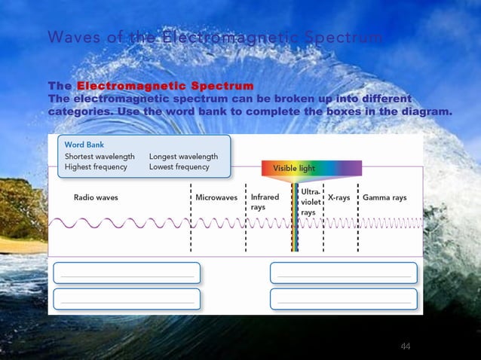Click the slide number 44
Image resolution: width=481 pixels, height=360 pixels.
point(406,346)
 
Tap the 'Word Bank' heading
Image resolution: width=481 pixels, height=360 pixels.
point(84,144)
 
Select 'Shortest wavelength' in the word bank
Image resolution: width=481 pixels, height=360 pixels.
point(100,157)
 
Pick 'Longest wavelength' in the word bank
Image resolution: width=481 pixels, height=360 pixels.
point(183,157)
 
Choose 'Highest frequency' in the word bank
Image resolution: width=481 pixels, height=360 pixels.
point(96,167)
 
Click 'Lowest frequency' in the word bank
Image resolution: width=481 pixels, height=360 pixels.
point(179,167)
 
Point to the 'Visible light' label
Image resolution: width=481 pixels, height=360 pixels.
point(294,168)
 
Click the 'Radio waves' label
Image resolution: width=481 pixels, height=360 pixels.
point(96,198)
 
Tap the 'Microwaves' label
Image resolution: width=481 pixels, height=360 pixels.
point(216,198)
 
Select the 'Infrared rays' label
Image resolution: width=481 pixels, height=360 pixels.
point(265,202)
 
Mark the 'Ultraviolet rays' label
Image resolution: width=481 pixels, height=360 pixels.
point(311,203)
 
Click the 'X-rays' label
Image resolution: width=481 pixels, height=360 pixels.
point(339,198)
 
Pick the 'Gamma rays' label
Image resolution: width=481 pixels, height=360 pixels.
point(384,198)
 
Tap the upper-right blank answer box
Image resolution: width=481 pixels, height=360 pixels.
point(343,273)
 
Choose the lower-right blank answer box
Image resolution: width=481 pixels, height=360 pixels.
point(343,299)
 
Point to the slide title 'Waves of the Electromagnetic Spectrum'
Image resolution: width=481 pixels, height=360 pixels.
point(215,37)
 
